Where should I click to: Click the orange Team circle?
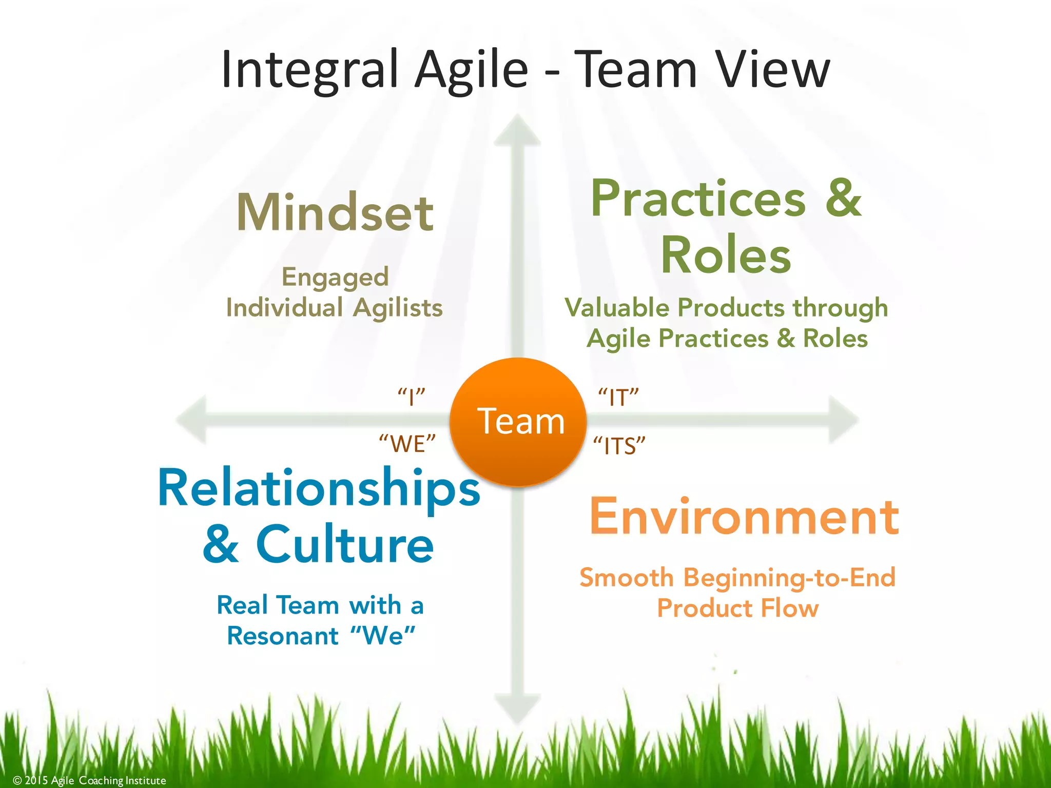pyautogui.click(x=518, y=422)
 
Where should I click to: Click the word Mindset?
pyautogui.click(x=335, y=212)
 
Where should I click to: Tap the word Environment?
pyautogui.click(x=744, y=517)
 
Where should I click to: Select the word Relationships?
pyautogui.click(x=319, y=488)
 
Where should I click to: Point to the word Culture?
pyautogui.click(x=345, y=545)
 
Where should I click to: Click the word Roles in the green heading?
pyautogui.click(x=726, y=255)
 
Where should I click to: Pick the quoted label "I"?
pyautogui.click(x=412, y=397)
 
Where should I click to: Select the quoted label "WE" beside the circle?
pyautogui.click(x=407, y=443)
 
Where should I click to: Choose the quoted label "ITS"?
pyautogui.click(x=619, y=446)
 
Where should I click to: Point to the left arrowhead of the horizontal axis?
pyautogui.click(x=192, y=420)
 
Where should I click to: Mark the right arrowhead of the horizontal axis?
pyautogui.click(x=843, y=420)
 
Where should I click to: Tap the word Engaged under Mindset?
pyautogui.click(x=335, y=278)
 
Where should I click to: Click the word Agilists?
pyautogui.click(x=398, y=308)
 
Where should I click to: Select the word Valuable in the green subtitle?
pyautogui.click(x=617, y=308)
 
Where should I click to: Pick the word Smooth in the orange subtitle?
pyautogui.click(x=626, y=578)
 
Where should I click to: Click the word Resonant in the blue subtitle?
pyautogui.click(x=283, y=636)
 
